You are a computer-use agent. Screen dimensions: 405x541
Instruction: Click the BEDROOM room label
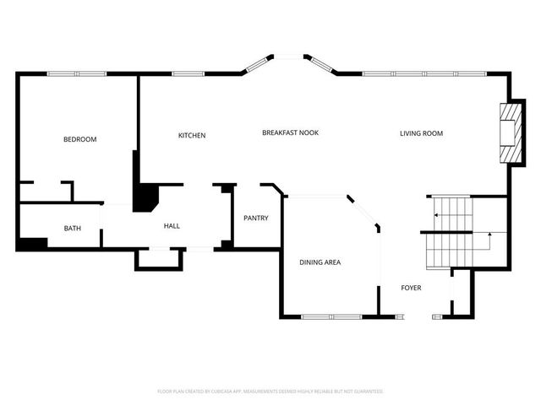click(80, 139)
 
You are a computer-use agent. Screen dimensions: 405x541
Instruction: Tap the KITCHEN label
click(192, 136)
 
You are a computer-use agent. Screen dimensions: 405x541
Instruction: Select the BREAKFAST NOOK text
click(290, 132)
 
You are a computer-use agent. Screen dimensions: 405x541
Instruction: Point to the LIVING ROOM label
click(421, 133)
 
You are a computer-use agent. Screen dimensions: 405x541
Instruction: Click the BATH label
click(73, 228)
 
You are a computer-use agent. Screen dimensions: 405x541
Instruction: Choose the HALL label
click(172, 225)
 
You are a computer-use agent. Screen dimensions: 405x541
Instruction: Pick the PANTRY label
click(255, 219)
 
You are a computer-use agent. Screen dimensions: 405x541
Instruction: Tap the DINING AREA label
click(320, 262)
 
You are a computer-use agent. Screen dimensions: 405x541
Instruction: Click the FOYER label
click(411, 288)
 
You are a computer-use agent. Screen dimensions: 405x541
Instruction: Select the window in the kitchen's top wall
click(188, 73)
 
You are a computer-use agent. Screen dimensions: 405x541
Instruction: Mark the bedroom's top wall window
click(76, 73)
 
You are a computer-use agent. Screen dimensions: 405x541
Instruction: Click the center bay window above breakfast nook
click(290, 57)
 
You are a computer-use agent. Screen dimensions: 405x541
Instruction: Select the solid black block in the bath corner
click(32, 244)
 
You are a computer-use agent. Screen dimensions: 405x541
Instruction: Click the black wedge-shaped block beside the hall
click(145, 198)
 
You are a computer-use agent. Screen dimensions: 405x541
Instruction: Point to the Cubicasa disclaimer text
click(270, 391)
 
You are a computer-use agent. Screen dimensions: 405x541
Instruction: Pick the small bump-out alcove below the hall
click(159, 259)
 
